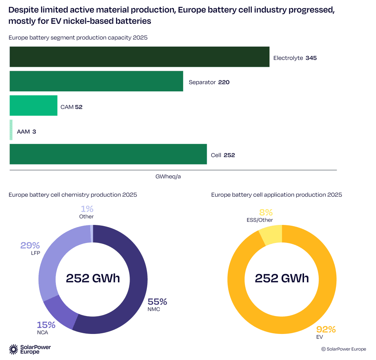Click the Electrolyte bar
point(140,57)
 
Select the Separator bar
point(96,81)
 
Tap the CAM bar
point(33,106)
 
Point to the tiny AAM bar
point(11,130)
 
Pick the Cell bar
point(108,154)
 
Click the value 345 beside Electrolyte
point(311,58)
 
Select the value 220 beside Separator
point(224,82)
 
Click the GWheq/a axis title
point(168,177)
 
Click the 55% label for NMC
point(157,302)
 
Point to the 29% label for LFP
point(30,245)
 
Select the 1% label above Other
point(87,209)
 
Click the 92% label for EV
point(326,329)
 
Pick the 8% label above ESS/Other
point(266,212)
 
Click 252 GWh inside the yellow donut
point(282,279)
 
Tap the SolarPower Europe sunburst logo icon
point(14,349)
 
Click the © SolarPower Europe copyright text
point(343,349)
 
